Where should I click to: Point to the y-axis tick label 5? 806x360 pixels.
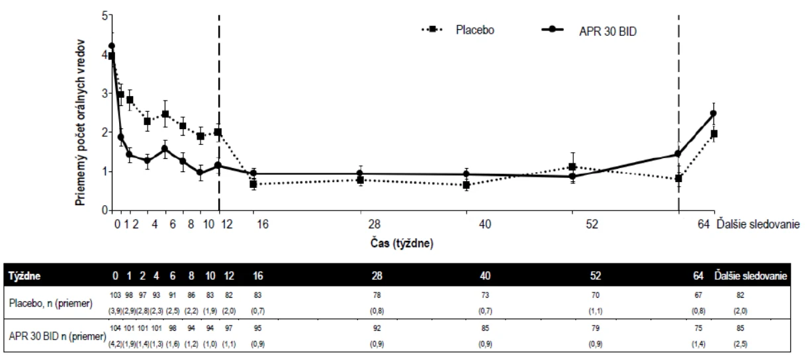point(105,16)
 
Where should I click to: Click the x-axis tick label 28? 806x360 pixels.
point(375,224)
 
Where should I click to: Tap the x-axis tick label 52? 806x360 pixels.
point(592,224)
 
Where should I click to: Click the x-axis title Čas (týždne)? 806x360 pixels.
point(402,244)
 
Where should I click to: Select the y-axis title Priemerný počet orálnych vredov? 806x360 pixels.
point(80,122)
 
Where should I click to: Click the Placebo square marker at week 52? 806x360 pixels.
point(572,167)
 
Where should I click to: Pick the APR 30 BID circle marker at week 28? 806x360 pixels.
point(359,173)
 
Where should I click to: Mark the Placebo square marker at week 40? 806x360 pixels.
point(467,185)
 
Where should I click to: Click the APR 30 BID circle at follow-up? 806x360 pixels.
point(713,113)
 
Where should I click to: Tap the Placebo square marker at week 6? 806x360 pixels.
point(165,114)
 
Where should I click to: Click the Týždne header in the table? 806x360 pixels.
point(24,276)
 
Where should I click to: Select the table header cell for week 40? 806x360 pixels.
point(485,276)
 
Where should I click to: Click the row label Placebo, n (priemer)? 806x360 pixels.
point(51,303)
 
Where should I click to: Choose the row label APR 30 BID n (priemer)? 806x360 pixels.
point(58,336)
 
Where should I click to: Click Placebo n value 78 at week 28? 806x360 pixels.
point(377,295)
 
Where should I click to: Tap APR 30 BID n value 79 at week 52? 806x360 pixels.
point(596,328)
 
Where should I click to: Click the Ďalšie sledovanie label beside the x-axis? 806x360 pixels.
point(758,224)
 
